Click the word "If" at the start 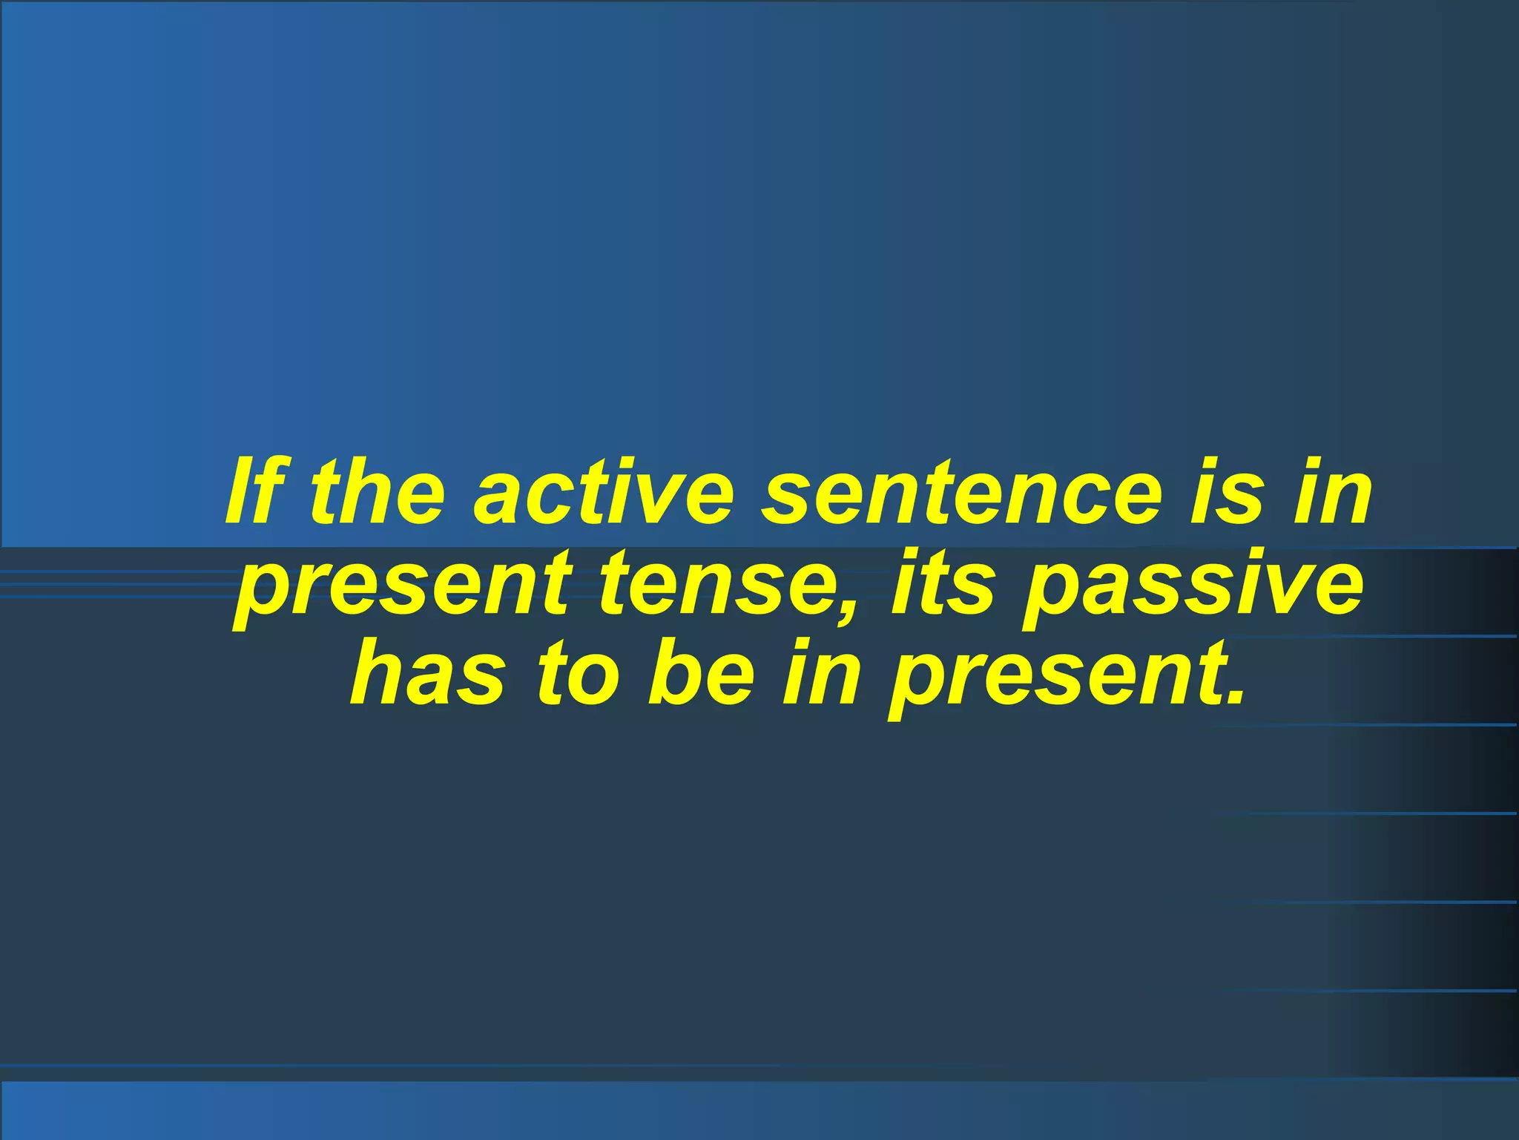click(x=256, y=491)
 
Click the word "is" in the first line click(x=1225, y=491)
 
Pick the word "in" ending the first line click(x=1331, y=491)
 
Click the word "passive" click(x=1194, y=588)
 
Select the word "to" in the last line click(x=578, y=671)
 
